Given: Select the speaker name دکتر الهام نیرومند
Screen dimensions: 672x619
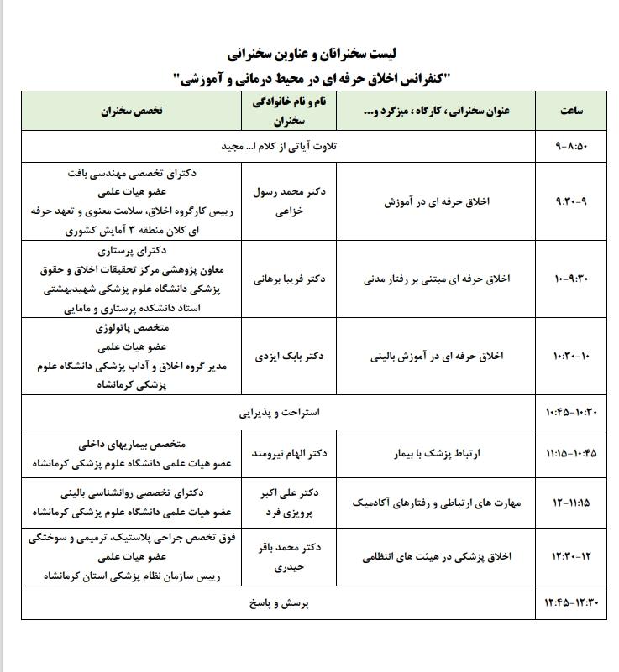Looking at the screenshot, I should [x=288, y=453].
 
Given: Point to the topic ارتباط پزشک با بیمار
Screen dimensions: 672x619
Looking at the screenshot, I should [x=440, y=453].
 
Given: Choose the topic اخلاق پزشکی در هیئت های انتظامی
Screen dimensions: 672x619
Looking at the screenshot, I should [x=440, y=555].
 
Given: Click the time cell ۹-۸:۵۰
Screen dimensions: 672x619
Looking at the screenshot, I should [x=576, y=146].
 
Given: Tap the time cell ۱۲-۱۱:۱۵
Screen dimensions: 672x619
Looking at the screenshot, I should [x=576, y=503].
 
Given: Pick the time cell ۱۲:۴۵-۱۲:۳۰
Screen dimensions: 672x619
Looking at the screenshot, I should [x=576, y=602].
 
